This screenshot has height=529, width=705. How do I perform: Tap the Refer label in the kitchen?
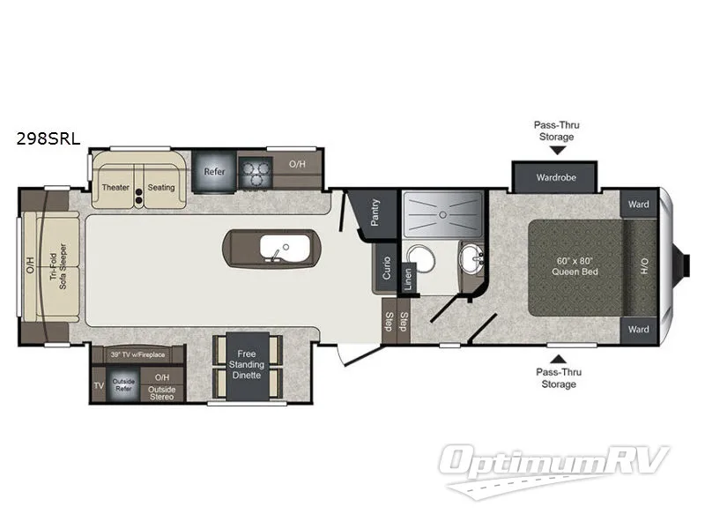(x=214, y=173)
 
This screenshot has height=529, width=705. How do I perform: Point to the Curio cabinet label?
(x=386, y=268)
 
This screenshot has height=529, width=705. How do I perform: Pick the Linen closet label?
(x=408, y=276)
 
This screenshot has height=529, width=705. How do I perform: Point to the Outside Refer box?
(x=123, y=385)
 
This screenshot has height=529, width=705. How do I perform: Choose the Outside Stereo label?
(x=161, y=391)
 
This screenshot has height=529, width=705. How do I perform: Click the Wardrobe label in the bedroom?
(x=556, y=177)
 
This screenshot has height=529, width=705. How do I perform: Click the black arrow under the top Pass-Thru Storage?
(x=556, y=151)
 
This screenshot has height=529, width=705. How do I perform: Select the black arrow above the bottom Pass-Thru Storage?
(x=556, y=357)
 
